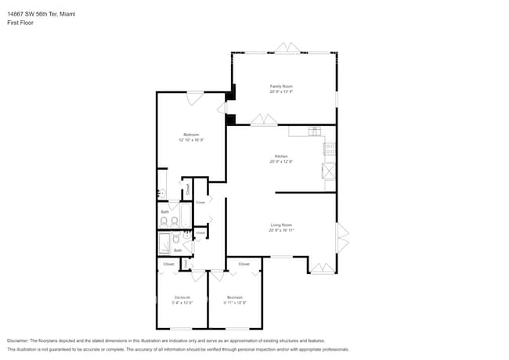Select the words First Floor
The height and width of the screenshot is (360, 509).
pyautogui.click(x=20, y=23)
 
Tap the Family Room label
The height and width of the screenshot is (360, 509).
pyautogui.click(x=281, y=86)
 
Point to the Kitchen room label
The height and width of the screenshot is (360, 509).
pyautogui.click(x=281, y=156)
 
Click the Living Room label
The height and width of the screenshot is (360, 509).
pyautogui.click(x=281, y=225)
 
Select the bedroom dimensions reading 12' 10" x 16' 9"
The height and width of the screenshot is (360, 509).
pyautogui.click(x=191, y=140)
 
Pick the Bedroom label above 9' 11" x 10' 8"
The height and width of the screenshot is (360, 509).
pyautogui.click(x=235, y=297)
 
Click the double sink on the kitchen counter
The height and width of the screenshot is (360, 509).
pyautogui.click(x=315, y=131)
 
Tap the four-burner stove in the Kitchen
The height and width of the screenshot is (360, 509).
pyautogui.click(x=330, y=147)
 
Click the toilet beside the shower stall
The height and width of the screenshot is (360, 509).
pyautogui.click(x=177, y=240)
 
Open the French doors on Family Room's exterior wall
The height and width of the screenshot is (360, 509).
pyautogui.click(x=286, y=50)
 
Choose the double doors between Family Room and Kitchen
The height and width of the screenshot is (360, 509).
pyautogui.click(x=263, y=121)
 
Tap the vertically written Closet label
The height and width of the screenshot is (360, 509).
pyautogui.click(x=188, y=189)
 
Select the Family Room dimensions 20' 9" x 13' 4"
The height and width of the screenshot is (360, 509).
pyautogui.click(x=281, y=92)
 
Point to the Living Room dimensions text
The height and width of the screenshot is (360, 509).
pyautogui.click(x=281, y=230)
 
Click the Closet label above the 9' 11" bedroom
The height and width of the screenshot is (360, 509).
pyautogui.click(x=244, y=265)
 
